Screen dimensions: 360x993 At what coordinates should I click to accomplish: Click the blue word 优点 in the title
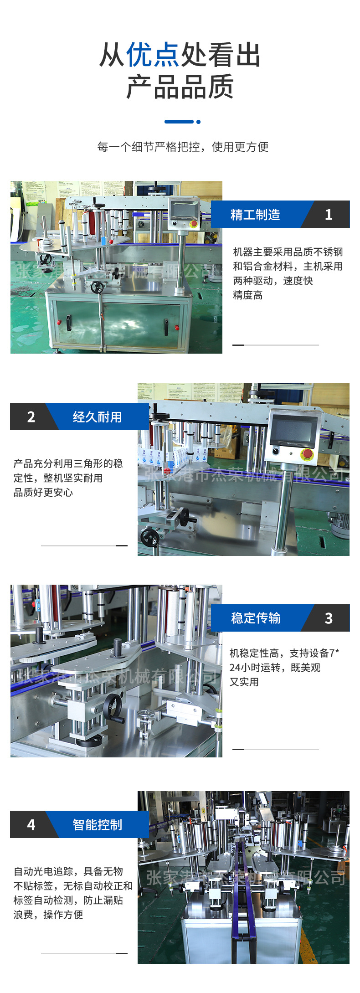(x=153, y=55)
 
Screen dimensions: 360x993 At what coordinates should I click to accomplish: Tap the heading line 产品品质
(x=180, y=87)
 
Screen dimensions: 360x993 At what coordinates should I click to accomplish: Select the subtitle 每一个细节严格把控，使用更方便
(x=183, y=147)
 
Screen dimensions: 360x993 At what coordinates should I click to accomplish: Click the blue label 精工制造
(x=255, y=215)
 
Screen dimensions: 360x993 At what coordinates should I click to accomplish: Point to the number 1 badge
(x=329, y=215)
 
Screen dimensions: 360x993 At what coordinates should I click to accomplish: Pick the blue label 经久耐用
(x=97, y=417)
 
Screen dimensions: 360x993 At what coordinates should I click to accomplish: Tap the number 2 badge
(x=31, y=417)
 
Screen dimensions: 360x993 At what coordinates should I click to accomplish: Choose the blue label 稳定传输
(x=256, y=618)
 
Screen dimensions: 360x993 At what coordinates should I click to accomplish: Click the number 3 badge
(x=329, y=618)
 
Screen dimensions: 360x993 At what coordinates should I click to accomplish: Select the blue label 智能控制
(x=97, y=825)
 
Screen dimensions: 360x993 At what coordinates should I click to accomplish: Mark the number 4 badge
(x=31, y=825)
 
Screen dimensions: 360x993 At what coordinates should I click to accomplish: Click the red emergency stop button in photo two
(x=308, y=454)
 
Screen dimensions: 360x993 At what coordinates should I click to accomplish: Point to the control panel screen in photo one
(x=184, y=210)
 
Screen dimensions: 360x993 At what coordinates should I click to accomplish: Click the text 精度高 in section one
(x=248, y=295)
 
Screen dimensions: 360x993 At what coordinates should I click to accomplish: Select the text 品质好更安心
(x=43, y=493)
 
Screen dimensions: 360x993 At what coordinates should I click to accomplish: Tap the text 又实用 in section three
(x=244, y=682)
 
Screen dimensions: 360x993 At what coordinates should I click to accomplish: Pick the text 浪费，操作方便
(x=48, y=915)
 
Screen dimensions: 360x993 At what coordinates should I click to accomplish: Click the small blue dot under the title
(x=198, y=122)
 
